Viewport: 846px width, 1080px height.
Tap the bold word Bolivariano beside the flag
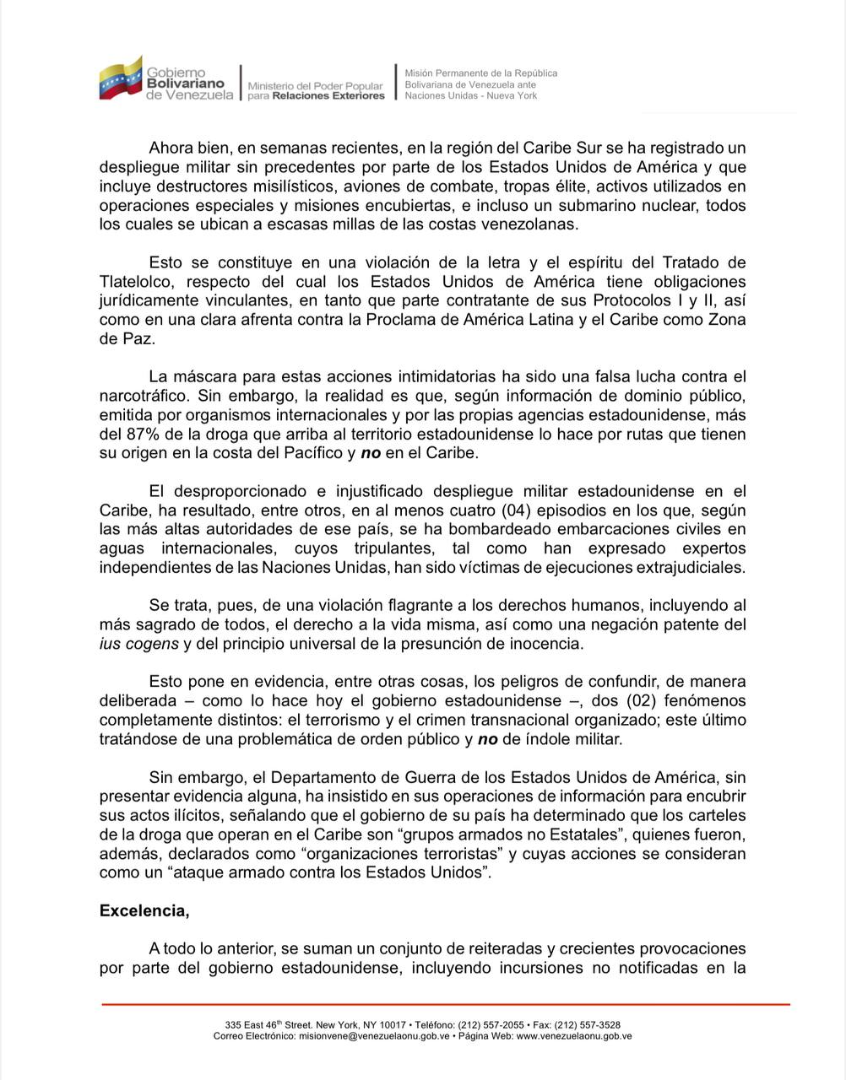click(186, 84)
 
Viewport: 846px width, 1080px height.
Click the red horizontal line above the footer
click(446, 1004)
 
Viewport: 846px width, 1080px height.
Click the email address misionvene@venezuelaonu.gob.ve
click(375, 1035)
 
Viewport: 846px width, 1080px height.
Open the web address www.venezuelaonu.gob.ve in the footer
click(573, 1035)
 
